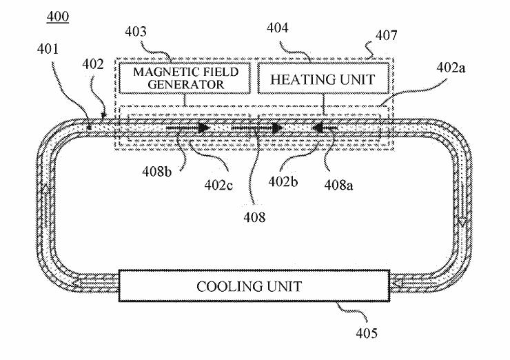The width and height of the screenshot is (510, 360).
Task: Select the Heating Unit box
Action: [322, 79]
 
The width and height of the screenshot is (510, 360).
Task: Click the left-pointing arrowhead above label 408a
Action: [318, 128]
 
